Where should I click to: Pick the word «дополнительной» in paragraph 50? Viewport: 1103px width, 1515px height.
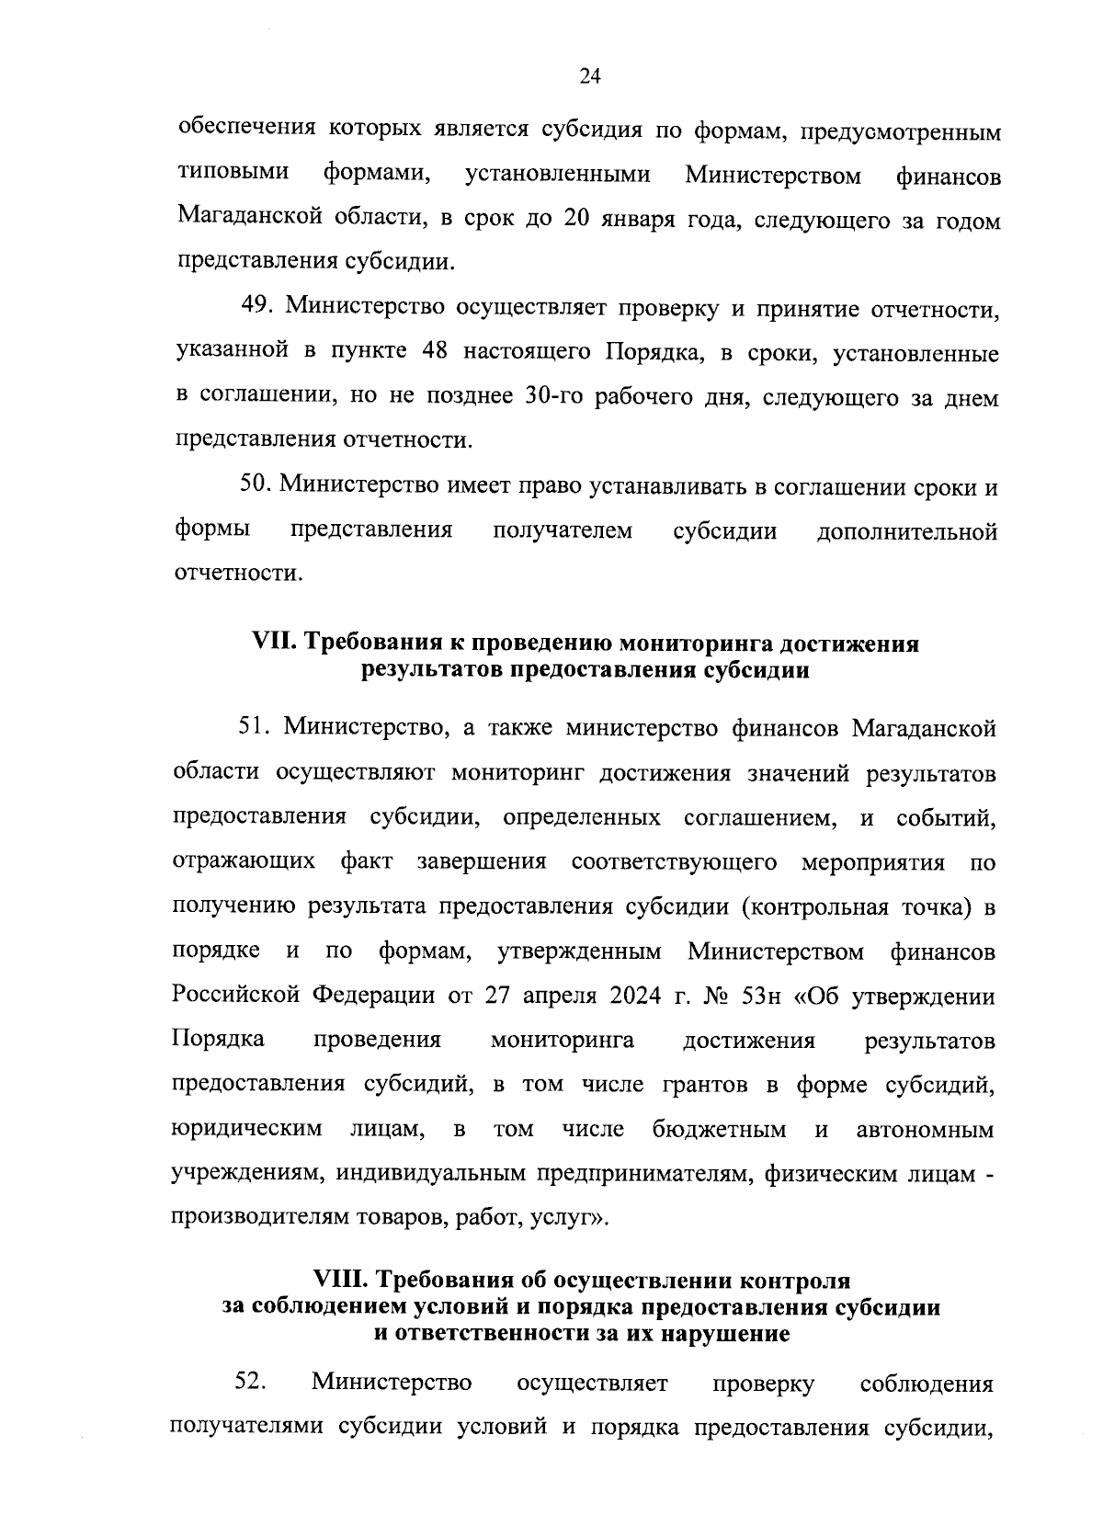click(x=907, y=531)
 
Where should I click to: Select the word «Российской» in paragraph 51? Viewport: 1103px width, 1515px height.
click(x=238, y=996)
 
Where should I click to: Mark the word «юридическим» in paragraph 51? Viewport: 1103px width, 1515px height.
click(x=246, y=1130)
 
